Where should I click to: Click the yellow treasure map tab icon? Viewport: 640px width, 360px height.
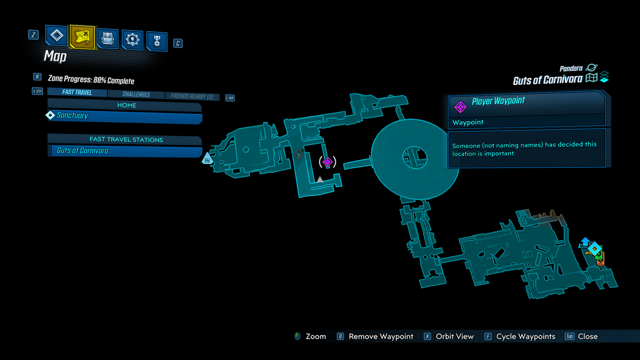click(x=82, y=36)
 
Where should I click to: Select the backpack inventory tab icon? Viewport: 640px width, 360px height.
click(x=107, y=38)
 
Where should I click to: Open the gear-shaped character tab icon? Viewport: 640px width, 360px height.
click(x=132, y=40)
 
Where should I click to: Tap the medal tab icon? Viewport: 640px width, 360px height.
click(x=156, y=41)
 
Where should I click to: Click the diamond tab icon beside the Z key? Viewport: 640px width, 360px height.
click(x=57, y=35)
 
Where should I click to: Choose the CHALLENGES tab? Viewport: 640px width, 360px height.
click(x=136, y=94)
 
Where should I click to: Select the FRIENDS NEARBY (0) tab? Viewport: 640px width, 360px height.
click(x=192, y=96)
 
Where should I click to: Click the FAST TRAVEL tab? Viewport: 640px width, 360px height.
click(x=77, y=92)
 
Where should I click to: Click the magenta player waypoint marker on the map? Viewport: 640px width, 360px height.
click(x=327, y=161)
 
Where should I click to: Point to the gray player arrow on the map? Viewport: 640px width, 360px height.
click(x=320, y=179)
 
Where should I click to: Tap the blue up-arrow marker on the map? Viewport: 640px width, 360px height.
click(x=584, y=242)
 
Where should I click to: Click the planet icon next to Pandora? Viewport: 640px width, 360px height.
click(x=591, y=68)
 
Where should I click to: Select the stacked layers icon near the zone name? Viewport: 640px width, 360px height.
click(x=604, y=77)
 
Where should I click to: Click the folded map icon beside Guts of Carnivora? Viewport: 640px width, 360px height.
click(x=591, y=78)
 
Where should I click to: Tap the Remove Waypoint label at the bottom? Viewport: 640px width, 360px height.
click(x=381, y=336)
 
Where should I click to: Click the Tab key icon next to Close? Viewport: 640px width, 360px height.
click(x=569, y=336)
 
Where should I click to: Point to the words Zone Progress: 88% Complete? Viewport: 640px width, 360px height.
click(x=91, y=80)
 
